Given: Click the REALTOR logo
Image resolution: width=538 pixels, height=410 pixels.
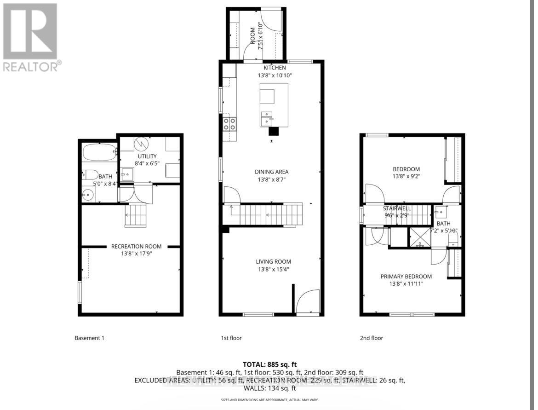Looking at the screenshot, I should click(30, 37).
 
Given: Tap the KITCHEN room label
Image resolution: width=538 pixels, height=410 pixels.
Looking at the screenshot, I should click(275, 68).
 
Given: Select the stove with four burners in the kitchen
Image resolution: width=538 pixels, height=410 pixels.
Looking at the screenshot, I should click(229, 123).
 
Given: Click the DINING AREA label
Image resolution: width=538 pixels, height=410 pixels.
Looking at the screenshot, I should click(272, 172).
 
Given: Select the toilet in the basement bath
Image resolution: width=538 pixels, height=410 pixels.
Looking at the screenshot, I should click(91, 175).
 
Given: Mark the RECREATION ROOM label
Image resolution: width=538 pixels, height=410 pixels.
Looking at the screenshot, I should click(136, 246).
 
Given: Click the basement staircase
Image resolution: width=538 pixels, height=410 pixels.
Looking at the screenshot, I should click(136, 215).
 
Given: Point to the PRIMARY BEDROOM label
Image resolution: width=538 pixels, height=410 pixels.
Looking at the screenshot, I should click(406, 277).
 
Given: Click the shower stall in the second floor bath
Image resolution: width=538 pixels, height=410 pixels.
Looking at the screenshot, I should click(419, 237).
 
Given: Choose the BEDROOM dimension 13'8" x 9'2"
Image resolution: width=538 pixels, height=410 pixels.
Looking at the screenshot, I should click(406, 176).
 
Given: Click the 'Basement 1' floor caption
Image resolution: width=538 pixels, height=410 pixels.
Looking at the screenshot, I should click(89, 338).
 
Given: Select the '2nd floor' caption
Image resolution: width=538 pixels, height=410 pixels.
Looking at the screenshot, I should click(371, 338).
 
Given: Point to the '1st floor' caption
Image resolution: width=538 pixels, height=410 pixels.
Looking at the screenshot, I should click(231, 338).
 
